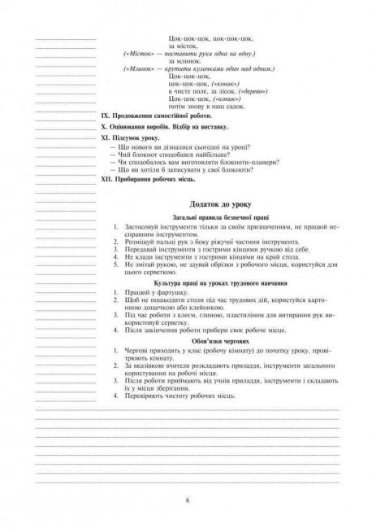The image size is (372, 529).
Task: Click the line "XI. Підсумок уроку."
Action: point(139,140)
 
